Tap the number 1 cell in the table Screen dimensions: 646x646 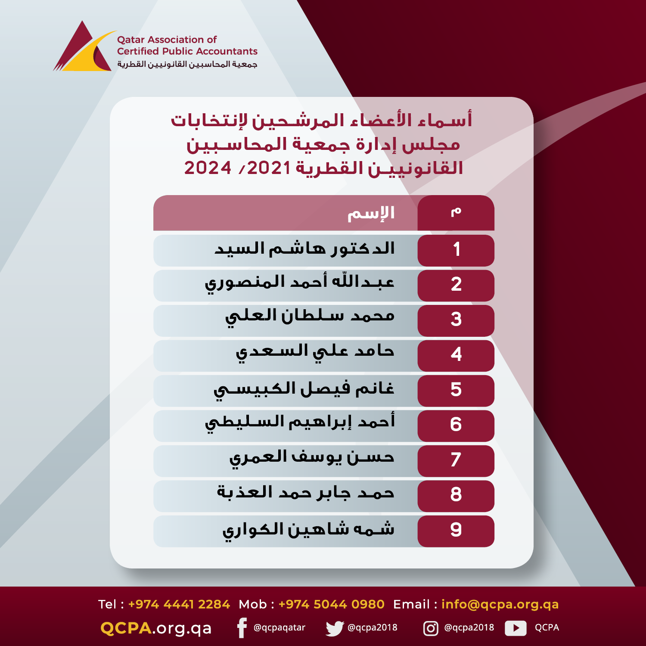(456, 250)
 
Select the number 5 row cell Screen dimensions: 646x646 (456, 391)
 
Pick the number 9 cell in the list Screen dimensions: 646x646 (456, 531)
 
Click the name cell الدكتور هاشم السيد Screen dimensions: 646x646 (304, 248)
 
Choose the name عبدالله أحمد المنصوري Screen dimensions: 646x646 (299, 284)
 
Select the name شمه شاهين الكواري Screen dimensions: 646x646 (308, 530)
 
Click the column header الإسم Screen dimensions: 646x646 (371, 213)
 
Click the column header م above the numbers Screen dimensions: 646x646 (456, 211)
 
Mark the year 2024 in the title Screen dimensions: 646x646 (208, 168)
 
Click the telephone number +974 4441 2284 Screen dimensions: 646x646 (179, 604)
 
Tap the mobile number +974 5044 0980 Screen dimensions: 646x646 (331, 604)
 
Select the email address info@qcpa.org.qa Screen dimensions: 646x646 (500, 605)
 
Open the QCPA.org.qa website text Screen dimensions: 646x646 (156, 628)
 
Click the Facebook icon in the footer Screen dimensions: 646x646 (242, 628)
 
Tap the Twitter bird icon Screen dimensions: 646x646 (335, 628)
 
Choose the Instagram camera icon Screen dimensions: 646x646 (431, 628)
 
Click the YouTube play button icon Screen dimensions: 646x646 (516, 628)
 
